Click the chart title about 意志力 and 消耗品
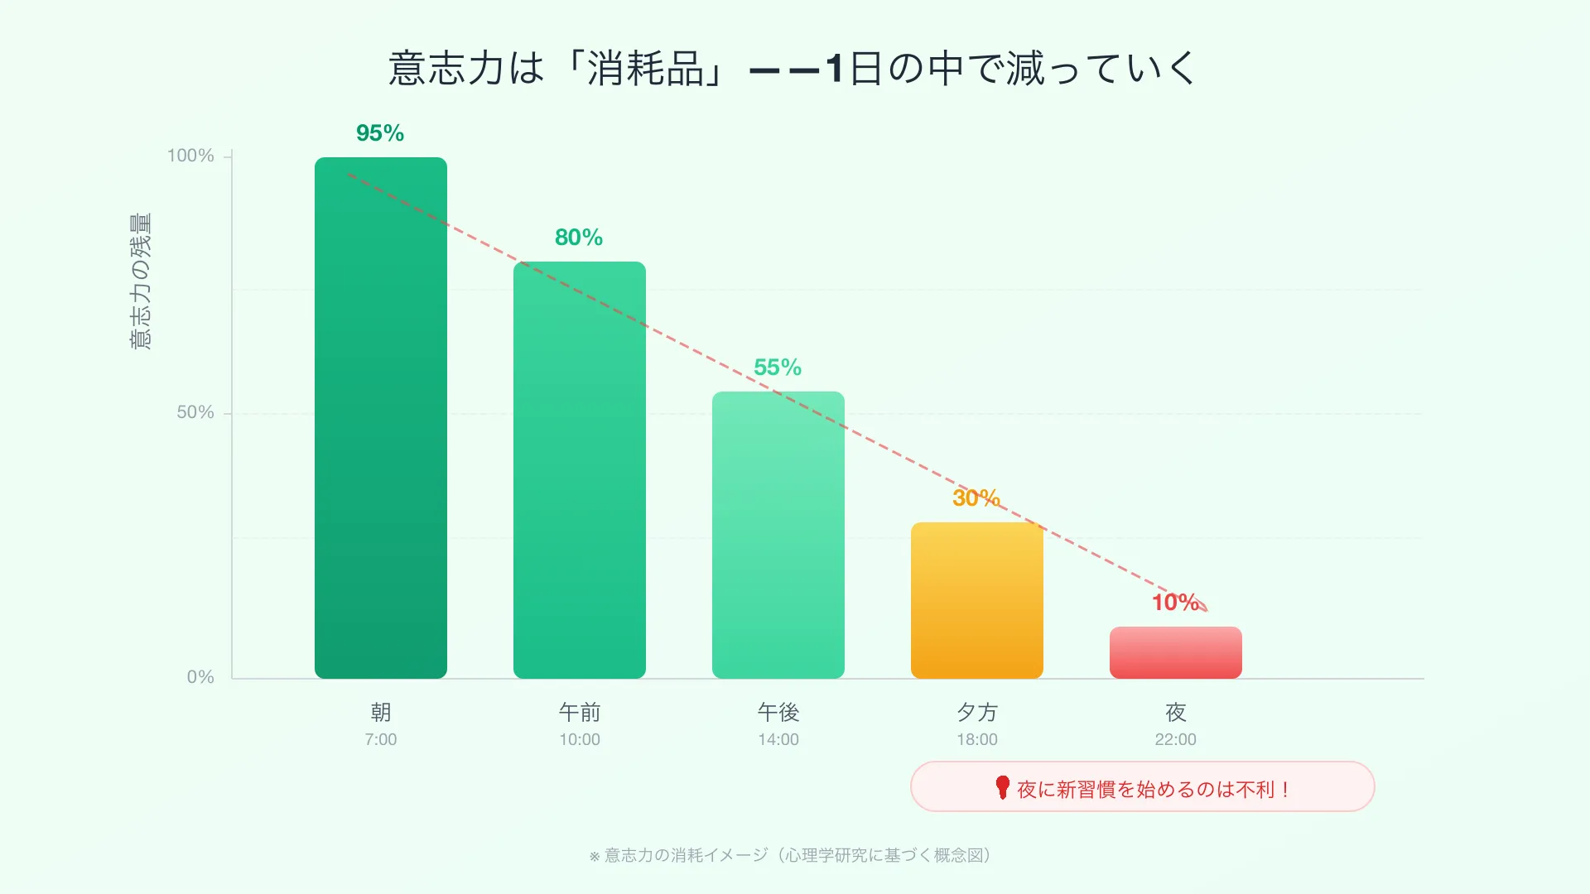pos(793,68)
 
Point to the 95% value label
pos(380,133)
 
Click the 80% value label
pos(579,238)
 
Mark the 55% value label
pos(778,368)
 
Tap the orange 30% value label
pos(976,497)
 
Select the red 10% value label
pos(1174,602)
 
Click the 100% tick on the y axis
pos(190,156)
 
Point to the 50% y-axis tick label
pos(195,412)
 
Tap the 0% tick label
pos(200,677)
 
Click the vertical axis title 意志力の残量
pos(141,281)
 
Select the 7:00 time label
pos(381,739)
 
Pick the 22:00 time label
pos(1176,739)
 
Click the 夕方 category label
pos(977,712)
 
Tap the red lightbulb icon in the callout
pos(1002,787)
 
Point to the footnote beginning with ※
pos(791,855)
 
